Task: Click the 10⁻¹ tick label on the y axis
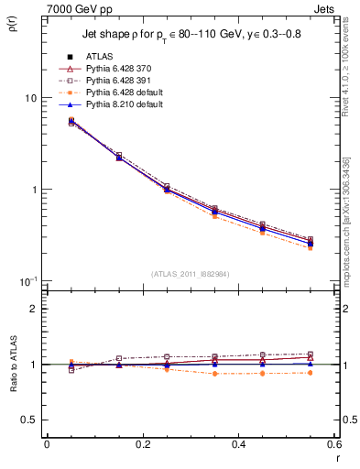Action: [29, 280]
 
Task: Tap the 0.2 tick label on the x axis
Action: [142, 444]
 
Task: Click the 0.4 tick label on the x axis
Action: [238, 444]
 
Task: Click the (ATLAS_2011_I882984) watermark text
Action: [190, 274]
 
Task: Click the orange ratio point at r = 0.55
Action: [311, 373]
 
